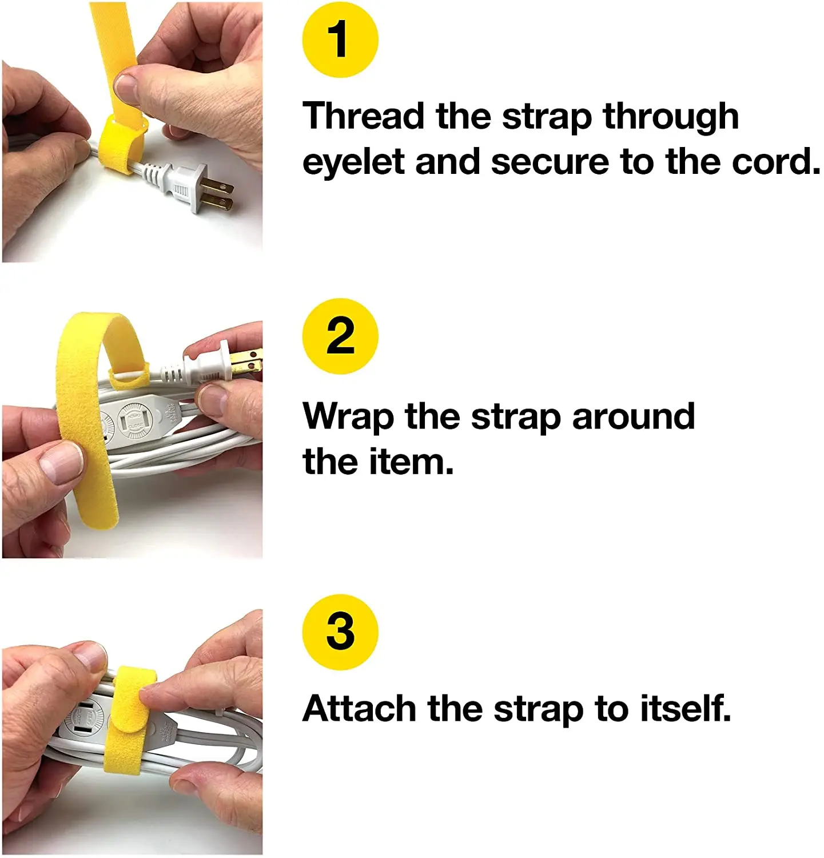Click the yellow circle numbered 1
click(x=340, y=39)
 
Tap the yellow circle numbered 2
click(x=340, y=336)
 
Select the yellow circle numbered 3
click(x=340, y=631)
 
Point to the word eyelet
click(x=353, y=162)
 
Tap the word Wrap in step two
click(x=348, y=416)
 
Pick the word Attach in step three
click(x=359, y=708)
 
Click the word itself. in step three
click(x=685, y=708)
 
